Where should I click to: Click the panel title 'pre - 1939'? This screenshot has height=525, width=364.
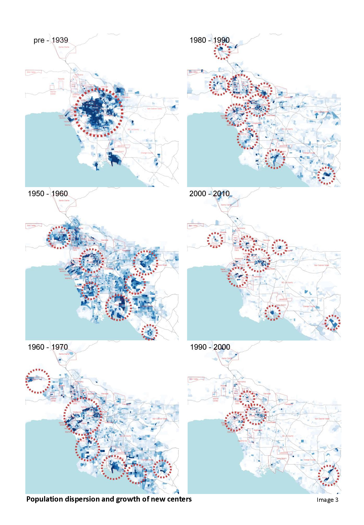pos(51,40)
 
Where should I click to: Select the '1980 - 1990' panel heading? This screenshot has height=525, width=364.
pos(210,40)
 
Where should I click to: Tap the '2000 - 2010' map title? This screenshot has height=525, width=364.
pos(210,194)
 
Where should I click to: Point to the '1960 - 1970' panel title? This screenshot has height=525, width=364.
pos(48,347)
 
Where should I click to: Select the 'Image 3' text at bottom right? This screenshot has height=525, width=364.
pos(327,500)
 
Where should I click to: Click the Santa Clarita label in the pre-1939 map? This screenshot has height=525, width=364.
pos(64,47)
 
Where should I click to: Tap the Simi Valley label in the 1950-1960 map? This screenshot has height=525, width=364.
pos(32,225)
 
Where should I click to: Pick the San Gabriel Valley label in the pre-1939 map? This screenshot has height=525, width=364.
pos(154,109)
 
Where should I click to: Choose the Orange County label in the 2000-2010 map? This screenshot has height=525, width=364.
pos(309,306)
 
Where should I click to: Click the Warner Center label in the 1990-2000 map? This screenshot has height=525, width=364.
pos(216,399)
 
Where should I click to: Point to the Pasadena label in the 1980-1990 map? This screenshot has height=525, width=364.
pos(288,97)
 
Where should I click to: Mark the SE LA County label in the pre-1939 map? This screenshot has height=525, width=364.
pos(133,129)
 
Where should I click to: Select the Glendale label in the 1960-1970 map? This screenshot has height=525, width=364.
pos(105,394)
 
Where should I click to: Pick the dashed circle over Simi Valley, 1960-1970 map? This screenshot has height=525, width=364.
pos(38,381)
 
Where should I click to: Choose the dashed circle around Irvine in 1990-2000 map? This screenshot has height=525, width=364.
pos(329,475)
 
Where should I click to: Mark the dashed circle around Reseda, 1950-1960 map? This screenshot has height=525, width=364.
pos(59,237)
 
